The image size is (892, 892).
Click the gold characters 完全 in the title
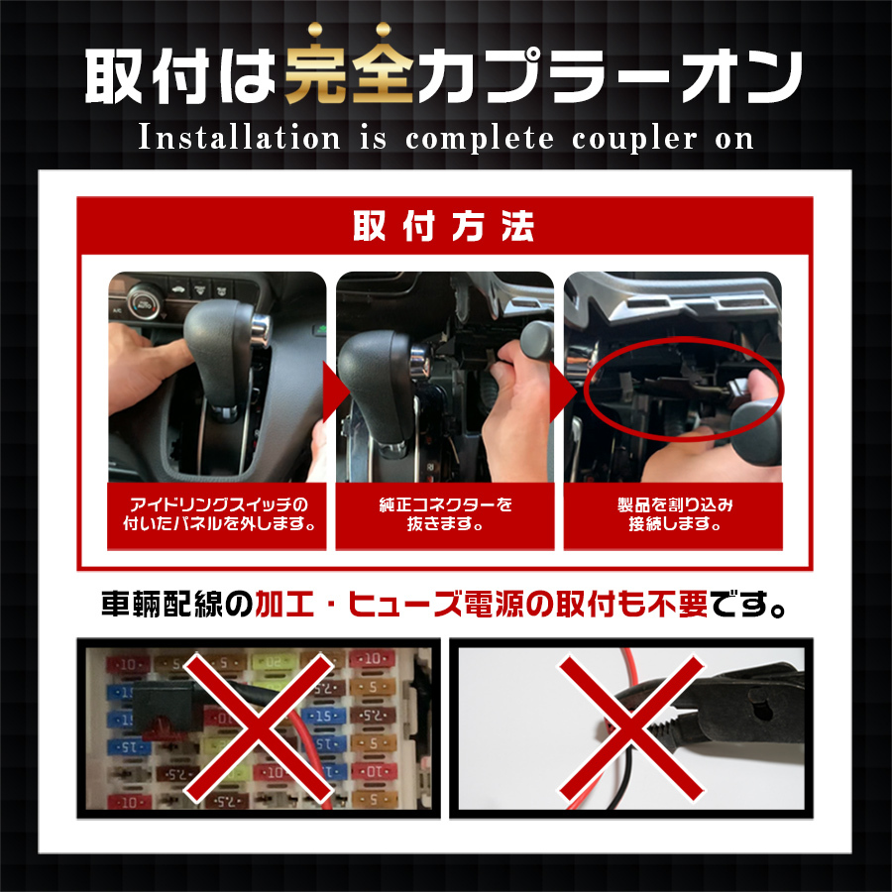tap(349, 66)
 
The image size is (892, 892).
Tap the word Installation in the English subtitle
tap(239, 138)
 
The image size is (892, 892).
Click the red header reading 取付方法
tap(444, 226)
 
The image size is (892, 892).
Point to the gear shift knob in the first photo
tap(226, 352)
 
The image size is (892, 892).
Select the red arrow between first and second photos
tap(336, 391)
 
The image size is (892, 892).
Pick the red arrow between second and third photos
tap(563, 391)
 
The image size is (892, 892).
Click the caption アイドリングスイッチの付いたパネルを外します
tap(218, 514)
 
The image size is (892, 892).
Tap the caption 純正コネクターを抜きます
tap(445, 514)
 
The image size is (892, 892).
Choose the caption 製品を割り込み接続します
tap(674, 514)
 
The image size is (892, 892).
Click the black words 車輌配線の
tap(177, 605)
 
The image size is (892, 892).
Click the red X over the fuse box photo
tap(259, 727)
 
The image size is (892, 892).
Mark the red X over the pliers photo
tap(631, 727)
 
